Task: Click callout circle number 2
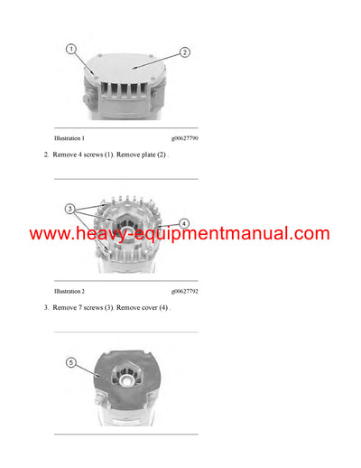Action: click(x=185, y=52)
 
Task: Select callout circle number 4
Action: click(x=184, y=222)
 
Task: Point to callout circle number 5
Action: click(x=72, y=363)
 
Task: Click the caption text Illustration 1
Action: click(x=69, y=138)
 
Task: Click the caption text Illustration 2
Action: click(x=69, y=292)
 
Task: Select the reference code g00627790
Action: click(x=184, y=138)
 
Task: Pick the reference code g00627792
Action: click(x=184, y=292)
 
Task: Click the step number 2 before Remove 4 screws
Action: click(x=45, y=155)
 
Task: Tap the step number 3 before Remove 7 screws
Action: click(x=45, y=308)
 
